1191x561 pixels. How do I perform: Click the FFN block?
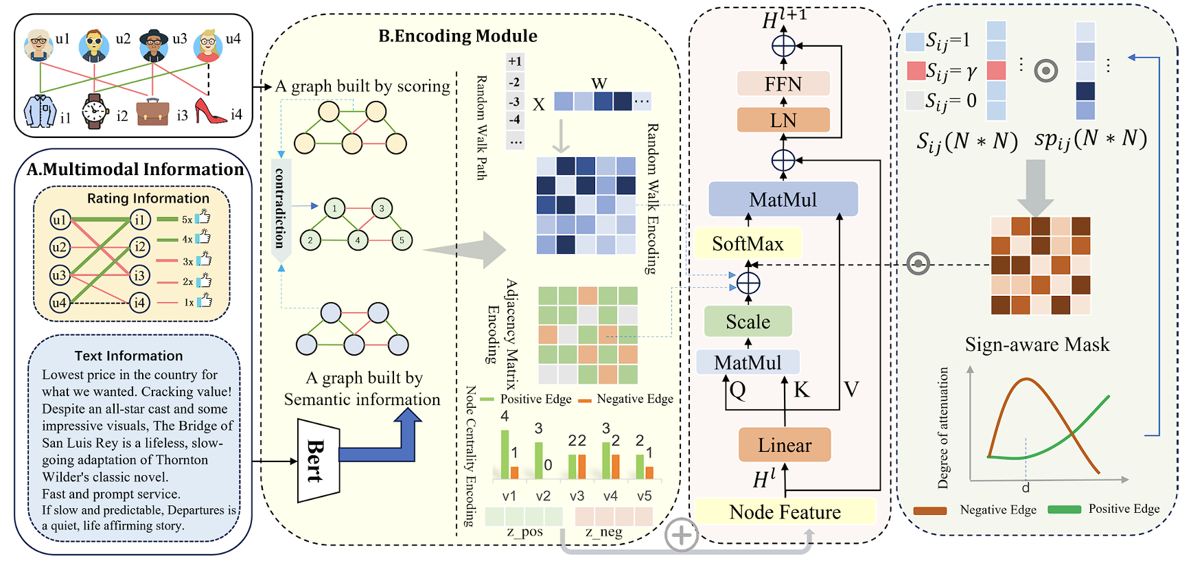[x=783, y=84]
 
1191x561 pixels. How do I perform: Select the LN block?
[x=783, y=120]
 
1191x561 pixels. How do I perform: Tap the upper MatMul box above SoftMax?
[x=783, y=200]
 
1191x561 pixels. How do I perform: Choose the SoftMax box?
[x=748, y=244]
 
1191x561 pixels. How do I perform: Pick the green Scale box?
[x=748, y=322]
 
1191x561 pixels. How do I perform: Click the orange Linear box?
[x=785, y=445]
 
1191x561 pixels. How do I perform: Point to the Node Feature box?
[x=785, y=512]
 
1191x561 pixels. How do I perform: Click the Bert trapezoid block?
[x=318, y=461]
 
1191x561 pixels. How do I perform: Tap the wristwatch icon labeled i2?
[x=95, y=111]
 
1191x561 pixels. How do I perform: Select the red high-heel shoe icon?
[x=210, y=111]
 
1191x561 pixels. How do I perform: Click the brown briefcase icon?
[x=152, y=112]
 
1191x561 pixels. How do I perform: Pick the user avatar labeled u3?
[x=154, y=45]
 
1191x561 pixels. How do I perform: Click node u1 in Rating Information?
[x=60, y=220]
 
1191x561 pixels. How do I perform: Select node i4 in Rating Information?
[x=139, y=302]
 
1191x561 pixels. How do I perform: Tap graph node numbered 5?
[x=402, y=240]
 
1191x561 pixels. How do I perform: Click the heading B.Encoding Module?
[x=458, y=36]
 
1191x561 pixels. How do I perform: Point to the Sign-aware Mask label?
[x=1037, y=344]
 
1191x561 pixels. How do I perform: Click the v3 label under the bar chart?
[x=577, y=496]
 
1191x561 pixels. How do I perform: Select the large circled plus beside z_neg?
[x=681, y=535]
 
